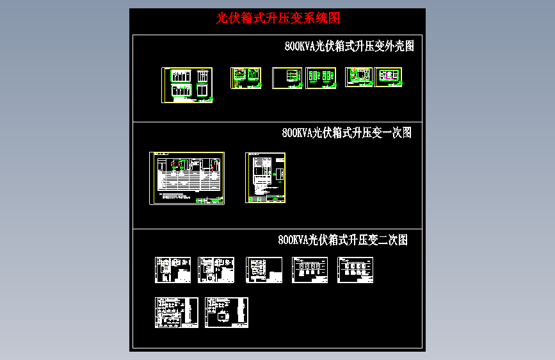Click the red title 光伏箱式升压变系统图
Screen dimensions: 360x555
tap(277, 19)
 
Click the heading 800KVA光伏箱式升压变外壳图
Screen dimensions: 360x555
tap(350, 46)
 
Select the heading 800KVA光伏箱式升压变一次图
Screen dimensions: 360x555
tap(346, 133)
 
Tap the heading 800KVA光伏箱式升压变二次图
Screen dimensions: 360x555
tap(342, 240)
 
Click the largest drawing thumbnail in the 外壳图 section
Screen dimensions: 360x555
tap(187, 85)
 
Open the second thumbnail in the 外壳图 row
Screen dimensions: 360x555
tap(246, 78)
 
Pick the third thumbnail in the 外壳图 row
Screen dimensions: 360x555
tap(287, 78)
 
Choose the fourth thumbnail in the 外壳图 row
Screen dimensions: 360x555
tap(321, 78)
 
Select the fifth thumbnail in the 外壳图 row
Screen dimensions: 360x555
tap(359, 77)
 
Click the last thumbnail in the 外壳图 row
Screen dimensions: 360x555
tap(388, 77)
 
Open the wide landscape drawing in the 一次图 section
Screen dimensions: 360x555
tap(187, 178)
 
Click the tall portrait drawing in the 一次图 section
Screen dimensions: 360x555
tap(266, 177)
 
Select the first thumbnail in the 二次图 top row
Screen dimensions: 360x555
tap(173, 270)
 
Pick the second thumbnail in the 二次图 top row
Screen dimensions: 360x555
tap(216, 270)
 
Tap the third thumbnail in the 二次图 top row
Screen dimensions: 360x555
tap(264, 270)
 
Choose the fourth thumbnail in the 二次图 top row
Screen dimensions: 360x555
tap(310, 270)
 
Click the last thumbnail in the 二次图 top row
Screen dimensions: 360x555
tap(355, 270)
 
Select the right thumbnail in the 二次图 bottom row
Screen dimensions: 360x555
tap(227, 313)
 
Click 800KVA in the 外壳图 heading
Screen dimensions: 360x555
tap(298, 46)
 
